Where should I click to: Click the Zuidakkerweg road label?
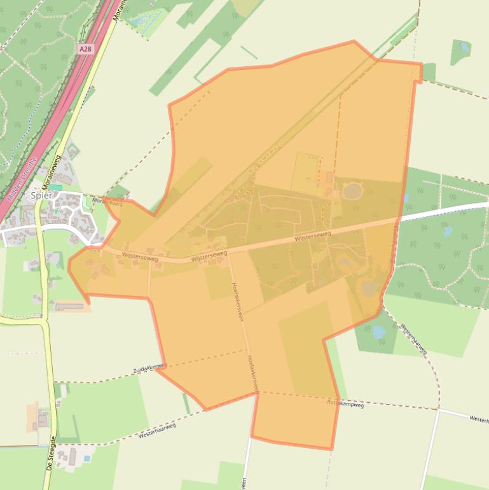tap(149, 368)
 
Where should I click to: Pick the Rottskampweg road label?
tap(345, 403)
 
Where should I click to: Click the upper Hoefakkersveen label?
tap(237, 302)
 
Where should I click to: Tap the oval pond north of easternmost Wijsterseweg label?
tap(352, 190)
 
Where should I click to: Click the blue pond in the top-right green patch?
tap(464, 46)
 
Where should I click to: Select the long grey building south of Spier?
tap(69, 307)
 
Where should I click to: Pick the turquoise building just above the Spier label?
tap(56, 187)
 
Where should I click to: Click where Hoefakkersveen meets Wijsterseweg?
tap(229, 253)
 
